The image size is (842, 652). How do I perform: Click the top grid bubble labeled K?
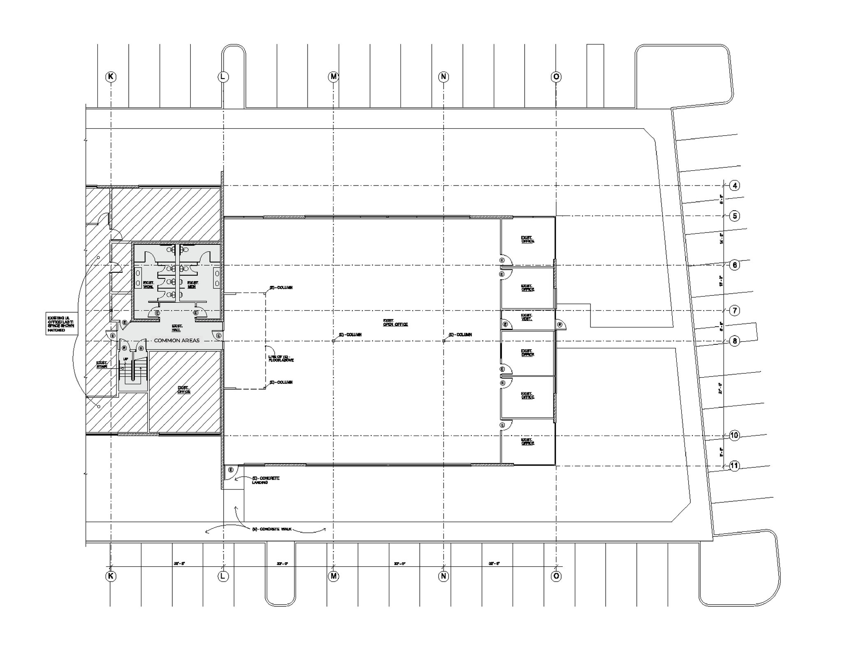pyautogui.click(x=111, y=77)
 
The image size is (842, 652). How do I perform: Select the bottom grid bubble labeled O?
pyautogui.click(x=556, y=576)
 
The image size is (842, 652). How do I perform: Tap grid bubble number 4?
pyautogui.click(x=735, y=186)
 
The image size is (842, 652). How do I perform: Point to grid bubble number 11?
pyautogui.click(x=734, y=466)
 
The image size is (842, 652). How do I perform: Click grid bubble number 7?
pyautogui.click(x=735, y=311)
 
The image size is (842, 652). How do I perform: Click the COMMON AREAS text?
pyautogui.click(x=176, y=341)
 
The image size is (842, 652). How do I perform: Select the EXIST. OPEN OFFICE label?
pyautogui.click(x=395, y=323)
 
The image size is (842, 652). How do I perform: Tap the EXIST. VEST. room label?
pyautogui.click(x=526, y=318)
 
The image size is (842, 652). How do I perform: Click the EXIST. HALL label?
pyautogui.click(x=177, y=328)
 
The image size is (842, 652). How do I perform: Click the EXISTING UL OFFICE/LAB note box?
pyautogui.click(x=61, y=324)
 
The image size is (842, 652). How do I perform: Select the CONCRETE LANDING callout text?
pyautogui.click(x=266, y=480)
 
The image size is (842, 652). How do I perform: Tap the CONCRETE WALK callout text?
pyautogui.click(x=272, y=529)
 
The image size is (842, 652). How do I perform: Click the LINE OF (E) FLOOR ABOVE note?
pyautogui.click(x=281, y=358)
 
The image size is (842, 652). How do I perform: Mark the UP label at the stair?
pyautogui.click(x=125, y=359)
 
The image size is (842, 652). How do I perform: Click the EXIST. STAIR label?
pyautogui.click(x=102, y=364)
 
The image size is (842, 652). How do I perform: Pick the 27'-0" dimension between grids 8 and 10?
pyautogui.click(x=720, y=388)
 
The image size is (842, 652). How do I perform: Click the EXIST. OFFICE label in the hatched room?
pyautogui.click(x=183, y=390)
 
